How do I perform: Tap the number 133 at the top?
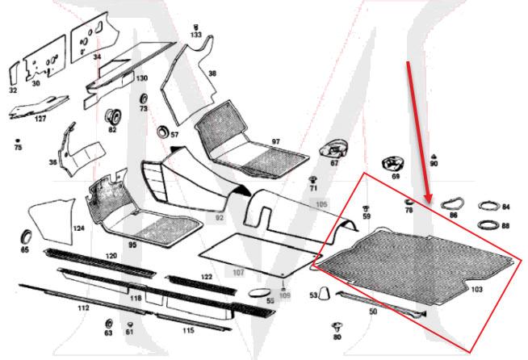tap(196, 36)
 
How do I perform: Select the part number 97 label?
tap(275, 141)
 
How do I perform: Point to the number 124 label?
tap(78, 228)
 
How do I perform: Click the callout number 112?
tap(83, 308)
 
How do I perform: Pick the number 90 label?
tap(434, 164)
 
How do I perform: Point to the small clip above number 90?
tap(434, 153)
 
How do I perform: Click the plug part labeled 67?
tap(333, 149)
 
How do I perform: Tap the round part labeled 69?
tap(395, 163)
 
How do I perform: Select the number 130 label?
tap(141, 78)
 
